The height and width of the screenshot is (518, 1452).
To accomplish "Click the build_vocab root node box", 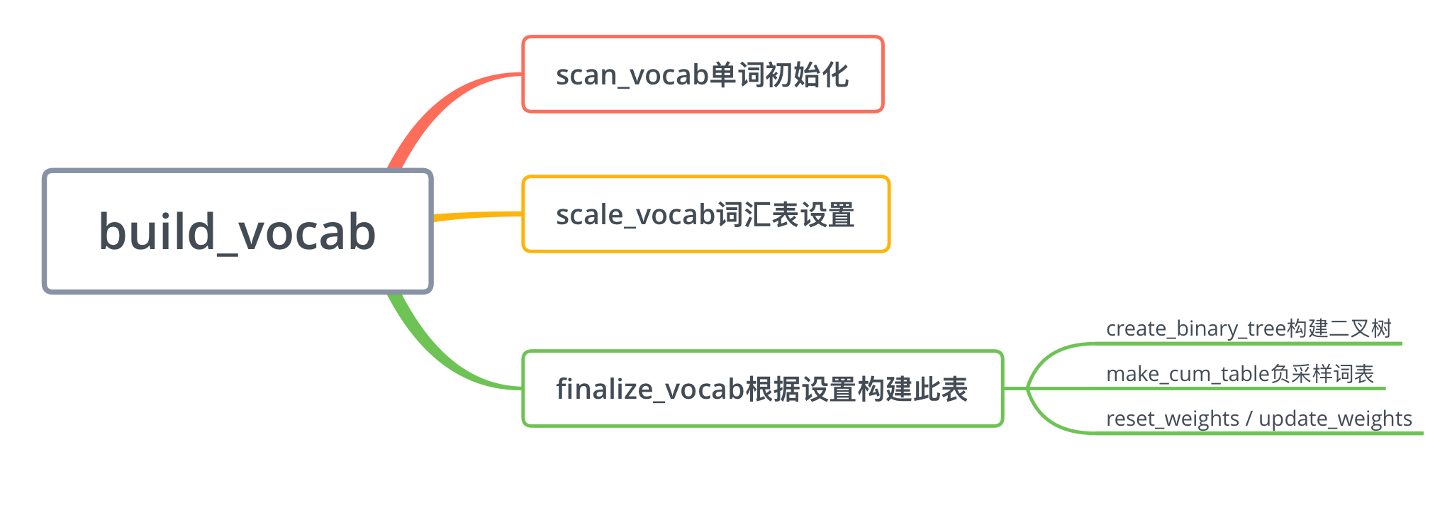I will (x=238, y=231).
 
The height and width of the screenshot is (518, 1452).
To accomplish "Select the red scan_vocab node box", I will (x=702, y=75).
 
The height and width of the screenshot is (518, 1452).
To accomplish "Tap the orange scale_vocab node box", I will (x=705, y=214).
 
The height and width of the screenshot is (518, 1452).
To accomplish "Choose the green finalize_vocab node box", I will (x=762, y=389).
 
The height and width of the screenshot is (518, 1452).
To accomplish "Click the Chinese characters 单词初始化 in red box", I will (x=778, y=75).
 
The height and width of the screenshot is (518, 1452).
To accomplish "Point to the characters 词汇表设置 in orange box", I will (x=786, y=214).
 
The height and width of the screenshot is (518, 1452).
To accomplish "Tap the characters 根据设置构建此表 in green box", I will (x=856, y=389).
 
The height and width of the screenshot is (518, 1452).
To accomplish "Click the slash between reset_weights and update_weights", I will (x=1249, y=419).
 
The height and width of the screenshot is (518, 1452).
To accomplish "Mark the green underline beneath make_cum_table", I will (x=1241, y=388).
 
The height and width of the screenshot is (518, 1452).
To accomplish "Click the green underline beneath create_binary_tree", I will (x=1248, y=343).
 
